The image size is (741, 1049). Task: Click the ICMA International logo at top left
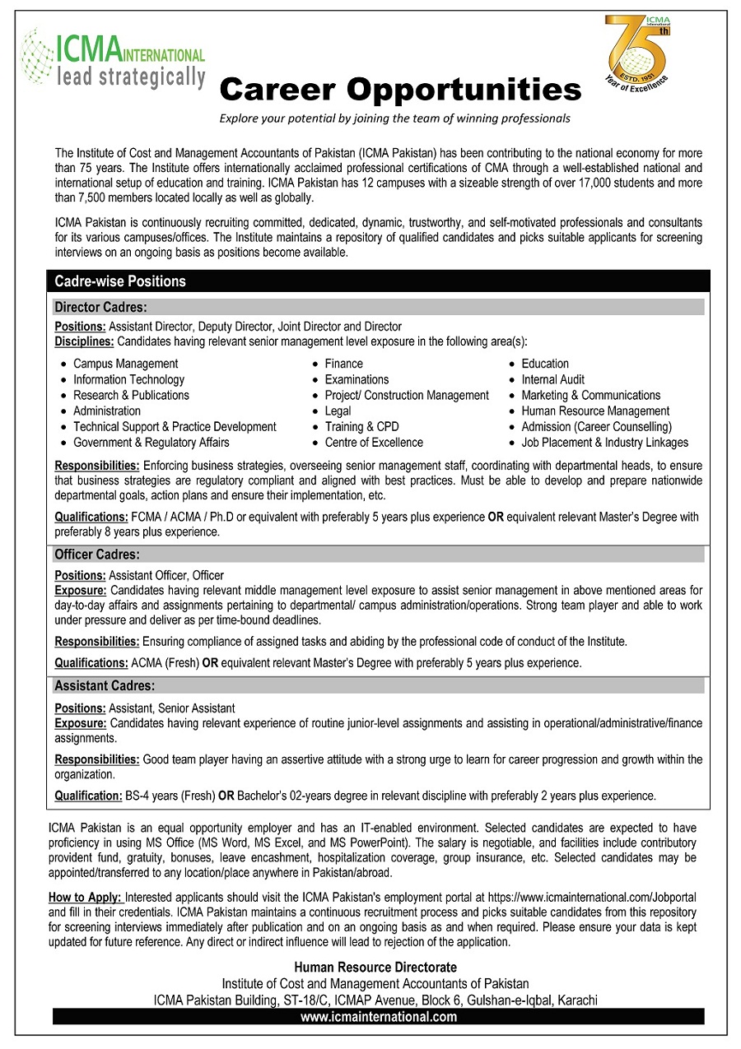[x=113, y=59]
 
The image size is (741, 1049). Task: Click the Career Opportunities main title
[x=401, y=88]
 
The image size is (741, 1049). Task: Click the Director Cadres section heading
[x=100, y=308]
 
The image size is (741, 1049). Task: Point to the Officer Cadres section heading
[x=97, y=555]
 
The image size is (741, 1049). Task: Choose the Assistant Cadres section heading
[x=105, y=685]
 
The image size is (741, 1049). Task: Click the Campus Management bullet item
[x=125, y=364]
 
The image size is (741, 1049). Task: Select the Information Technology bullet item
[x=128, y=379]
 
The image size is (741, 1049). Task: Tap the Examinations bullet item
[x=357, y=379]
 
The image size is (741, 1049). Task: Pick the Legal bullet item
[x=338, y=411]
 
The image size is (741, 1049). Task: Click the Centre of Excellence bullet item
[x=374, y=442]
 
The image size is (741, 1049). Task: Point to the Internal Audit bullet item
[x=553, y=379]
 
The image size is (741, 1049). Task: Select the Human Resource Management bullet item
[x=595, y=411]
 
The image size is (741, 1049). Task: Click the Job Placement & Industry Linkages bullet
[x=604, y=442]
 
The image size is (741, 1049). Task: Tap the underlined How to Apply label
[x=86, y=897]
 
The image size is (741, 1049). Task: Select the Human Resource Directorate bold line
[x=375, y=968]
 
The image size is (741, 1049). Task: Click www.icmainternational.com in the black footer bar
[x=378, y=1017]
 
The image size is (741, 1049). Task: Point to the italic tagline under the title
[x=394, y=118]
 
